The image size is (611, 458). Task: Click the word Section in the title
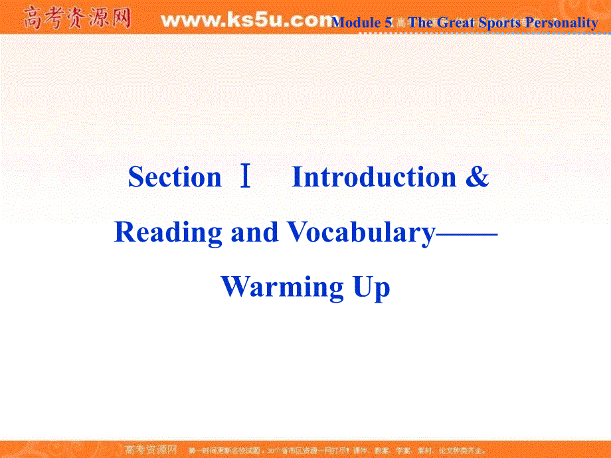tap(175, 177)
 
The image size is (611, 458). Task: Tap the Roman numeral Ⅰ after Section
tap(246, 177)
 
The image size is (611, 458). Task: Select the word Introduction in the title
tap(374, 177)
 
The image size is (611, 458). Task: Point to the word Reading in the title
tap(168, 232)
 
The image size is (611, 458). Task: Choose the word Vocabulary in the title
tap(361, 232)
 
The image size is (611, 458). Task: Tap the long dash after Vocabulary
tap(466, 232)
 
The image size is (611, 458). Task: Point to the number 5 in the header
tap(388, 23)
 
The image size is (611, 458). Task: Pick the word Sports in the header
tap(499, 23)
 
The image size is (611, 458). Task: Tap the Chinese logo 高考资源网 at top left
tap(76, 18)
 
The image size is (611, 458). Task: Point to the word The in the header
tap(420, 23)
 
